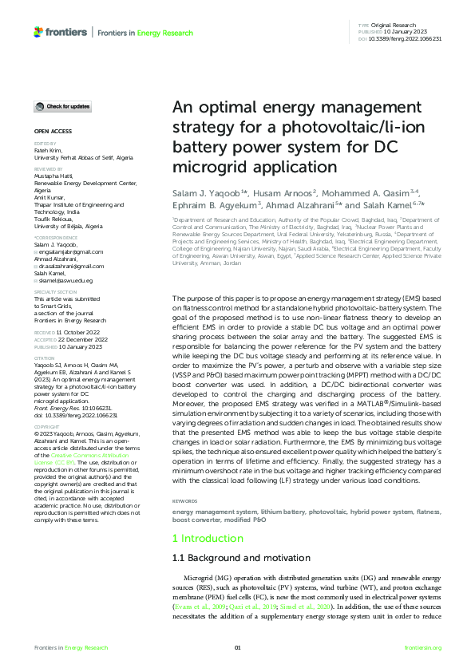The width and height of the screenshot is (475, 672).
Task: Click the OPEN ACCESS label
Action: coord(53,130)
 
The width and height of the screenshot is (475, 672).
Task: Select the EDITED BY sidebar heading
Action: coord(46,143)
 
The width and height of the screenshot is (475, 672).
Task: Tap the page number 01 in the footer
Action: coord(237,647)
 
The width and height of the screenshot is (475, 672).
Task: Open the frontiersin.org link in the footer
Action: coord(423,647)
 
